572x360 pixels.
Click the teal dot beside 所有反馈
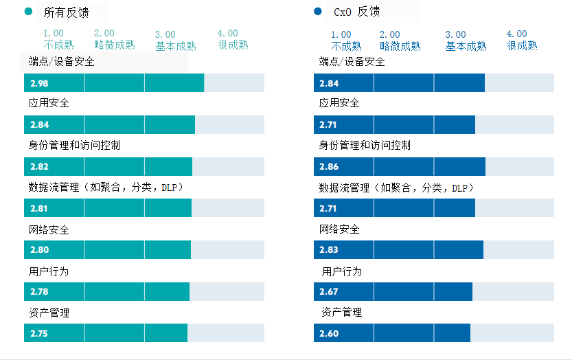28,12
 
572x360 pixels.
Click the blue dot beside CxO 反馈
317,12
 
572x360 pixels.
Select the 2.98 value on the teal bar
39,83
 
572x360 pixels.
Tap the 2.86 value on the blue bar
329,166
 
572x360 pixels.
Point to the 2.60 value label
329,333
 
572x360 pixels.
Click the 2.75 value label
39,333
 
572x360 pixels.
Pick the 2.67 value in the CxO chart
329,291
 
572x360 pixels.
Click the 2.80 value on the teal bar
39,250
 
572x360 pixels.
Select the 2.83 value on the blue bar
329,250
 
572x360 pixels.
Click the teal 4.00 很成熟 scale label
233,39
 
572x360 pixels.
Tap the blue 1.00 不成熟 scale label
345,40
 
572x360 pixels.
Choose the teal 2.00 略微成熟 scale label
114,39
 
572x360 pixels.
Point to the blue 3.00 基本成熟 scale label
466,40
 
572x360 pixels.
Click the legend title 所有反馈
63,12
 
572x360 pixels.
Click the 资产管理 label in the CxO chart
341,313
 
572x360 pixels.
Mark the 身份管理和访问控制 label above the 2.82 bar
75,146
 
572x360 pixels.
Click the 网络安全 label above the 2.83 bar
339,229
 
